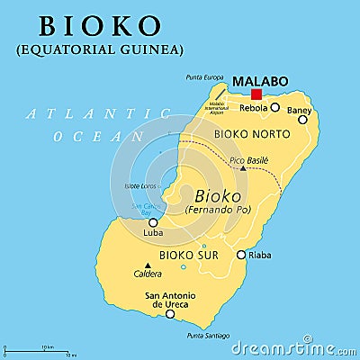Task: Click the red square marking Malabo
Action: (256, 94)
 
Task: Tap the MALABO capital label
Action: (260, 81)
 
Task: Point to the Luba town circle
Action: (153, 222)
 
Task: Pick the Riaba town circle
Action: (240, 255)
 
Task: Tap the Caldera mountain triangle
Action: (148, 265)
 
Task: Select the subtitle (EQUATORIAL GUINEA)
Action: (99, 49)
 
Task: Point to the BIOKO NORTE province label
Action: (252, 134)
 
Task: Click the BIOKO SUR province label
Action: (189, 256)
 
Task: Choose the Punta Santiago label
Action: (207, 336)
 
